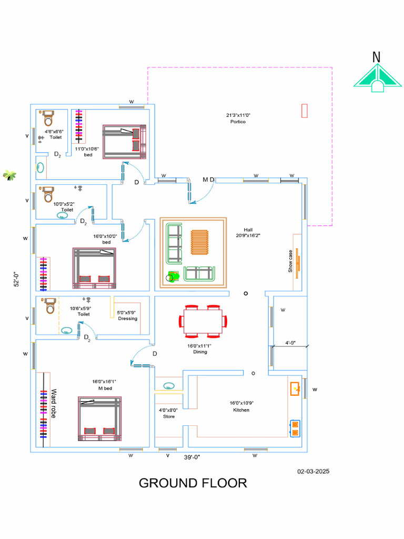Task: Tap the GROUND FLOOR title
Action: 193,483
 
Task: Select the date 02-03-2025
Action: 313,472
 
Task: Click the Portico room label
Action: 238,122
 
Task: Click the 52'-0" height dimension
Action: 16,279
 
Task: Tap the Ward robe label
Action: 53,404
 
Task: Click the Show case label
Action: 290,262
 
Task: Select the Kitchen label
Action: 241,410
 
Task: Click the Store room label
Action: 168,416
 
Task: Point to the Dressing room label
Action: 127,318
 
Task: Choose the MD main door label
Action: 208,179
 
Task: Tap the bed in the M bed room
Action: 100,418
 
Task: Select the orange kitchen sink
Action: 296,389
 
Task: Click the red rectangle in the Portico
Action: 304,111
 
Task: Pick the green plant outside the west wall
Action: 9,175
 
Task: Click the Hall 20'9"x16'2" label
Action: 248,233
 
